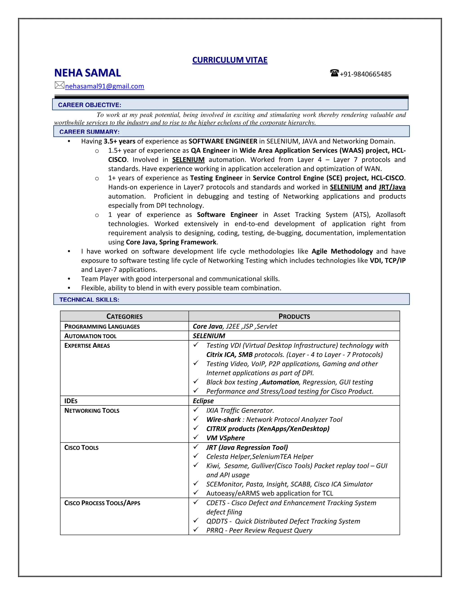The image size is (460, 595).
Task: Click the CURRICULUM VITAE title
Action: pos(230,60)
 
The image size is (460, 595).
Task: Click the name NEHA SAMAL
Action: pos(87,73)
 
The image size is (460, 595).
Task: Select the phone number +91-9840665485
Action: pos(365,74)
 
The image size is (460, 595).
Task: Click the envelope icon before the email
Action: pos(59,85)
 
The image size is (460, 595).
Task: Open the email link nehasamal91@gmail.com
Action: pos(105,86)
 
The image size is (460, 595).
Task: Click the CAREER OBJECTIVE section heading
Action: pos(89,105)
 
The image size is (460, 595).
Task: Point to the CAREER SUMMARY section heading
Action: pos(89,132)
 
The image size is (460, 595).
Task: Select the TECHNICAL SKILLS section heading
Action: pos(89,300)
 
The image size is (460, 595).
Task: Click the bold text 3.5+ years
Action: pos(119,141)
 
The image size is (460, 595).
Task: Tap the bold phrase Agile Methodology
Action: pos(342,251)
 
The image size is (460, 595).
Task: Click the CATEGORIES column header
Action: pos(124,316)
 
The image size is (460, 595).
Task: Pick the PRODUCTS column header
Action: pos(294,316)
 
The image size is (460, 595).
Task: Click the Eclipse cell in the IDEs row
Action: pos(203,401)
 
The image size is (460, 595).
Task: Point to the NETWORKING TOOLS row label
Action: pos(92,411)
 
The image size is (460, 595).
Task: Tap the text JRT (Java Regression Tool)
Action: pos(247,447)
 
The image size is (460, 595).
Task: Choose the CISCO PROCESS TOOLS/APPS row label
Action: pos(102,503)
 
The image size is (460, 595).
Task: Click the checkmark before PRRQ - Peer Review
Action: pos(196,530)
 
